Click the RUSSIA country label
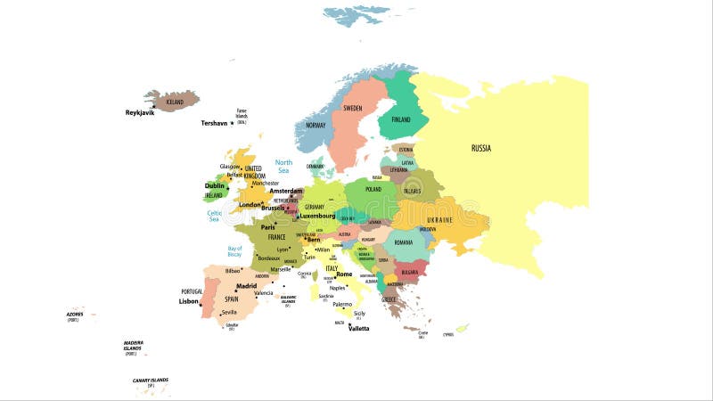pos(481,148)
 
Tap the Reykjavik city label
pos(140,113)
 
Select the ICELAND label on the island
pos(175,102)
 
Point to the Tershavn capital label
pos(215,123)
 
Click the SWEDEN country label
pos(353,108)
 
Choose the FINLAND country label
pos(401,119)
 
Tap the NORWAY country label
pos(316,126)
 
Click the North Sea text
pos(283,166)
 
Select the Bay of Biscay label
pos(234,251)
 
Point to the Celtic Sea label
pos(214,216)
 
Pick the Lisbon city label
pos(188,301)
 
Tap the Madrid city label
pos(246,286)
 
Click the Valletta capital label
pos(358,328)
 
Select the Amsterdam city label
pos(286,191)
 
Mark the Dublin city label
pos(215,186)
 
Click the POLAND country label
pos(373,189)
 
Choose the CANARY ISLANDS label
pos(150,381)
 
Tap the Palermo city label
pos(342,304)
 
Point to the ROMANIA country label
pos(404,241)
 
